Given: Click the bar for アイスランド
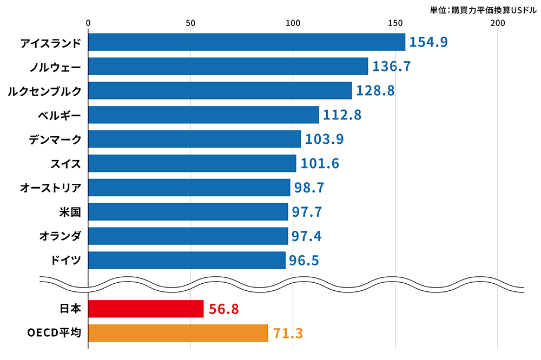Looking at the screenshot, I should (246, 42).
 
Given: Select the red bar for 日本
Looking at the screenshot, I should (146, 309).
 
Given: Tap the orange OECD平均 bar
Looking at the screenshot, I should (177, 333).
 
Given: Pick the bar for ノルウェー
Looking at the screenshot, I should (228, 66).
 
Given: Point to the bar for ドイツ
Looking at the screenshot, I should (187, 261).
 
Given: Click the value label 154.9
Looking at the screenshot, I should (428, 42).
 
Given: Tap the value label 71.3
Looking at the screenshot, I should (287, 334).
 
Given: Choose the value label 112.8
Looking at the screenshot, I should (342, 115).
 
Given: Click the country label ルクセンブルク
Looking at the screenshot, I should (44, 91).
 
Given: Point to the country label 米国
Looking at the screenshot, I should (70, 212).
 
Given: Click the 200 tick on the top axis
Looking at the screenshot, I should (497, 23).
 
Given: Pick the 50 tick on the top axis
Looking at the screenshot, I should (190, 23).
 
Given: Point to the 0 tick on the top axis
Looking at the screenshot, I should (88, 23).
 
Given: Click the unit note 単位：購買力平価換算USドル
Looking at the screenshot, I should (479, 9).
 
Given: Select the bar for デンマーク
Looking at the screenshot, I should (194, 139).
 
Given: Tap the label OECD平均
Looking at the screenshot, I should (54, 333).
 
